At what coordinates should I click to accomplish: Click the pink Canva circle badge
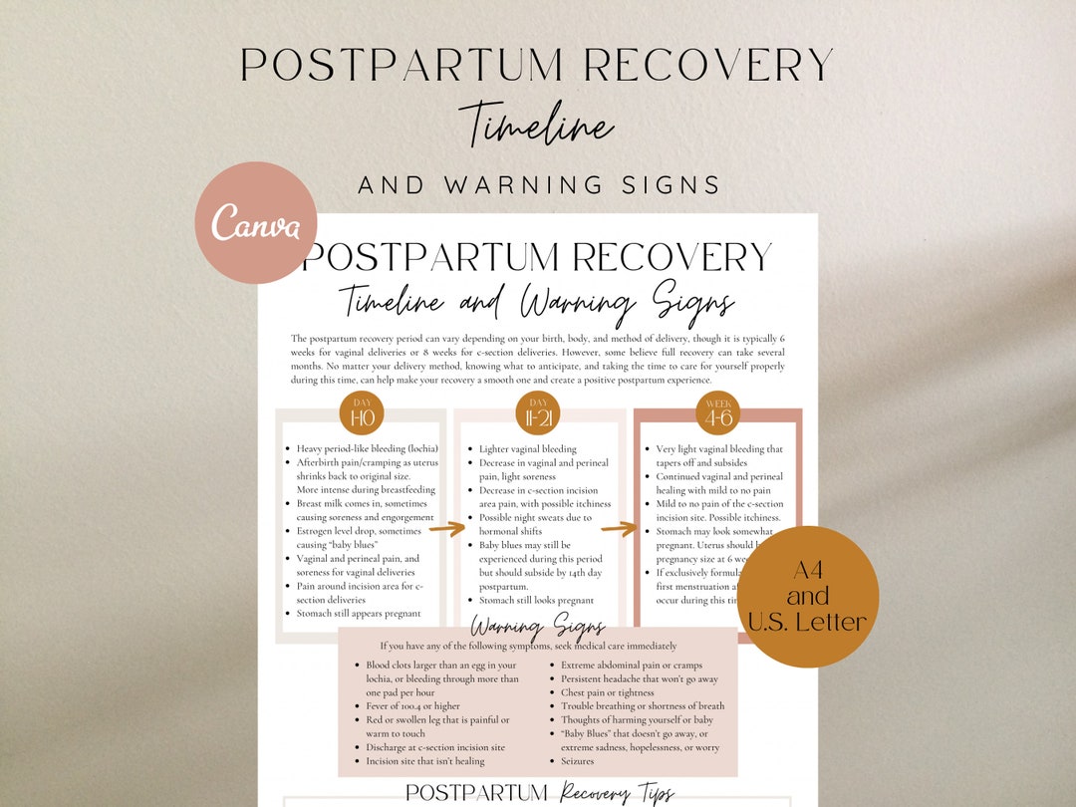click(256, 223)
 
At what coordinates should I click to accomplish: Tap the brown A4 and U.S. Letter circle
click(808, 596)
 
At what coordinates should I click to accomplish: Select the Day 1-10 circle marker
click(361, 412)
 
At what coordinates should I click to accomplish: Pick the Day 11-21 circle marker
click(538, 412)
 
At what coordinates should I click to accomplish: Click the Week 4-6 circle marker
click(716, 412)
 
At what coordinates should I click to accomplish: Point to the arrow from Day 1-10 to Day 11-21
click(447, 528)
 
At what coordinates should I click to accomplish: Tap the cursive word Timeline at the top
click(538, 128)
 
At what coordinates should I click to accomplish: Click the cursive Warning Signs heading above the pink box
click(538, 628)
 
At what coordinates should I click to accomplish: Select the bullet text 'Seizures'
click(577, 761)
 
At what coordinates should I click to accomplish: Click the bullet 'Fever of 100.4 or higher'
click(412, 706)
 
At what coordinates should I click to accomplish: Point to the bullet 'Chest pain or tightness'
click(608, 692)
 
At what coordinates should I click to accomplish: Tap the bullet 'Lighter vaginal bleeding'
click(527, 449)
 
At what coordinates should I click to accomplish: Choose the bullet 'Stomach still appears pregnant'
click(359, 614)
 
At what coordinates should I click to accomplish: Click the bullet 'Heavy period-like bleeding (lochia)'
click(367, 449)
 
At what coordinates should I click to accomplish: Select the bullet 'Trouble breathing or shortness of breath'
click(643, 706)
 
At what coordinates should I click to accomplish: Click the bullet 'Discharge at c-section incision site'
click(435, 747)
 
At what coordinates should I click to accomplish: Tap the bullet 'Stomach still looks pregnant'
click(536, 601)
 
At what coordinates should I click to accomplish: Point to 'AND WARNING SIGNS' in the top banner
click(539, 185)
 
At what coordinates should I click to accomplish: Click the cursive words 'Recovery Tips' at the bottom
click(618, 793)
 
